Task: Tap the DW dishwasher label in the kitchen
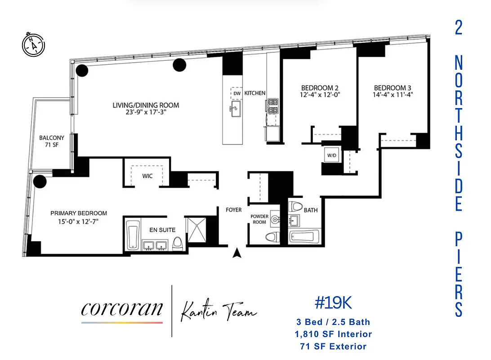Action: tap(237, 93)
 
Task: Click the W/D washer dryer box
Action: tap(332, 155)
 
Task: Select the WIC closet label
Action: tap(147, 175)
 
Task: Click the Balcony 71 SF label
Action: tap(51, 141)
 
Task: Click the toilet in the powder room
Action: tap(272, 237)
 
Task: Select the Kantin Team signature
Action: tap(219, 310)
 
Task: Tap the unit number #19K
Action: tap(333, 303)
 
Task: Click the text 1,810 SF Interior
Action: tap(333, 334)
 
